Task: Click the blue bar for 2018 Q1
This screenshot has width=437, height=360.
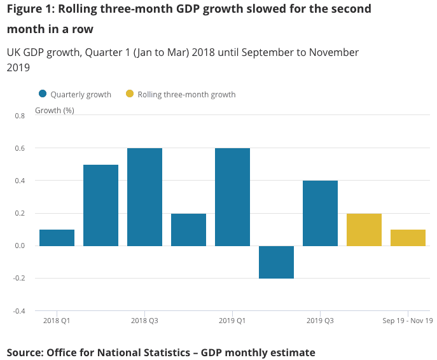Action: pyautogui.click(x=57, y=238)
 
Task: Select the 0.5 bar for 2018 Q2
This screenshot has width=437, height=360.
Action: pyautogui.click(x=101, y=205)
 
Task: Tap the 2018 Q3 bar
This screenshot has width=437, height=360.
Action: pyautogui.click(x=144, y=197)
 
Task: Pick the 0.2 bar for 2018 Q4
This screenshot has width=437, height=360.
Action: pyautogui.click(x=188, y=230)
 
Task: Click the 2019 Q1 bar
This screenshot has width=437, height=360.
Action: pyautogui.click(x=232, y=197)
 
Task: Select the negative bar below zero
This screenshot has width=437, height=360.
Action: pyautogui.click(x=276, y=262)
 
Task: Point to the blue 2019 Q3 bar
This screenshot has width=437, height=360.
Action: pyautogui.click(x=320, y=213)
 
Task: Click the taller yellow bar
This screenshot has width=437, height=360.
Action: pyautogui.click(x=364, y=230)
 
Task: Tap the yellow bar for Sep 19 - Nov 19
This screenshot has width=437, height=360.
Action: pyautogui.click(x=408, y=238)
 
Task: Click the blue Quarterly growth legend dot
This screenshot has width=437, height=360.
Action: pyautogui.click(x=43, y=94)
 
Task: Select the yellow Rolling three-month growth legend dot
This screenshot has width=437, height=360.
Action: pyautogui.click(x=130, y=94)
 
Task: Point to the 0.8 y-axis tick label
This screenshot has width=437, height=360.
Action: pyautogui.click(x=19, y=116)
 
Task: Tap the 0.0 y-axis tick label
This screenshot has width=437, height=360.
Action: pyautogui.click(x=19, y=246)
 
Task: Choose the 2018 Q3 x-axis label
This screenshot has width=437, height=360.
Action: pyautogui.click(x=145, y=321)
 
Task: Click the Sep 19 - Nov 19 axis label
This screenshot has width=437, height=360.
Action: pyautogui.click(x=407, y=321)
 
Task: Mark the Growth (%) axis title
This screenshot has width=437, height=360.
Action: pyautogui.click(x=54, y=110)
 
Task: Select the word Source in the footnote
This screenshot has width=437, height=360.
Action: pyautogui.click(x=24, y=352)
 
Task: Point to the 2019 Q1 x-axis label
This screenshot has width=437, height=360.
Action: pyautogui.click(x=232, y=321)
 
